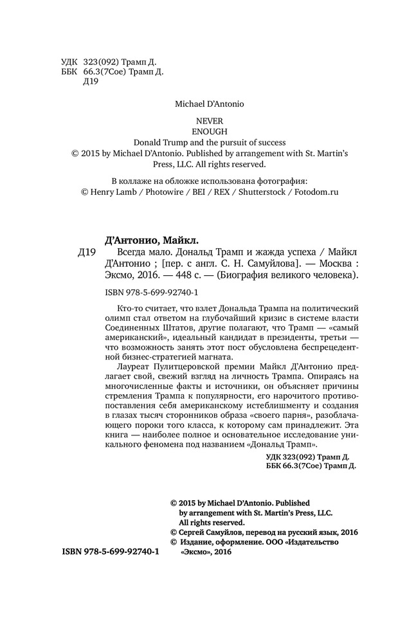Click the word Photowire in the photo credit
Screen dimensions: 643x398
162,192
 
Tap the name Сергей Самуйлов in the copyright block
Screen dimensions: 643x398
208,532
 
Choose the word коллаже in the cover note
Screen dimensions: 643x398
138,180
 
